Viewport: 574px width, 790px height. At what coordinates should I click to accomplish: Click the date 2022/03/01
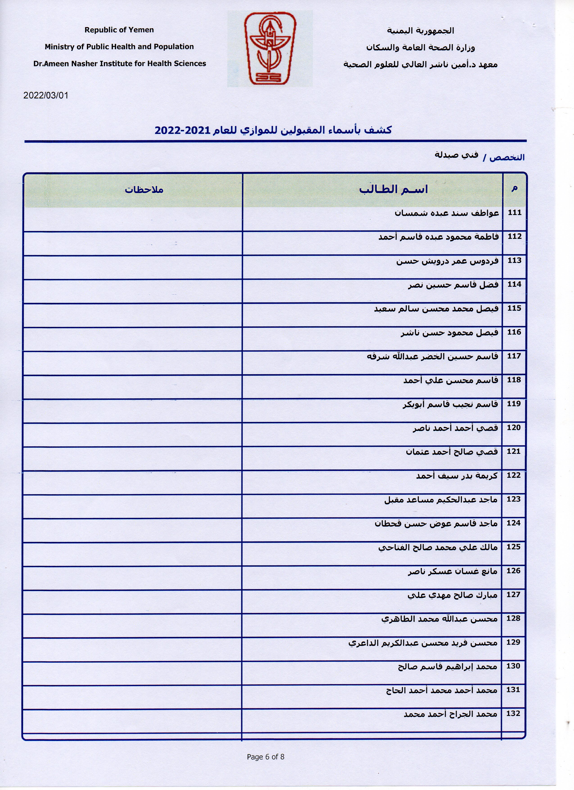click(x=46, y=95)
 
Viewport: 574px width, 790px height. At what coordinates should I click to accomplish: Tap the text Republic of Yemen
click(x=119, y=30)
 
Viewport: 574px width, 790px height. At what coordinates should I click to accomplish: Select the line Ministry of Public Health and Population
click(x=119, y=47)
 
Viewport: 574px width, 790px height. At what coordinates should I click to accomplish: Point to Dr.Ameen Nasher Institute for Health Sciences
click(x=120, y=63)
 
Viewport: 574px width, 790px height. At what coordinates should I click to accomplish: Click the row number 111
click(x=514, y=213)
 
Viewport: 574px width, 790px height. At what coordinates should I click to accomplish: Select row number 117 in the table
click(x=514, y=356)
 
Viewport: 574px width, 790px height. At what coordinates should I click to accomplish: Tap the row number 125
click(x=514, y=547)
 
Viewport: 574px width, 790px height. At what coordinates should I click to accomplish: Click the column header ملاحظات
click(x=144, y=190)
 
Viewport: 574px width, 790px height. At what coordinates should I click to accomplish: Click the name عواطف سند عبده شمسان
click(x=447, y=213)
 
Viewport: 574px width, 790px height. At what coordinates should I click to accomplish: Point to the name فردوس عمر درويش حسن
click(x=447, y=261)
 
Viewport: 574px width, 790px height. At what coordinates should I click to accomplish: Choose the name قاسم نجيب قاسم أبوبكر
click(x=450, y=404)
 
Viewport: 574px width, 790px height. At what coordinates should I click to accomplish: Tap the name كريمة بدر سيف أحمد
click(x=457, y=476)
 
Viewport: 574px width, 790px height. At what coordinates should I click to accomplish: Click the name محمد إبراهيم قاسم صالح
click(x=447, y=667)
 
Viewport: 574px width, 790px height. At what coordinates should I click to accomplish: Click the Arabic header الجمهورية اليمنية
click(x=420, y=31)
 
